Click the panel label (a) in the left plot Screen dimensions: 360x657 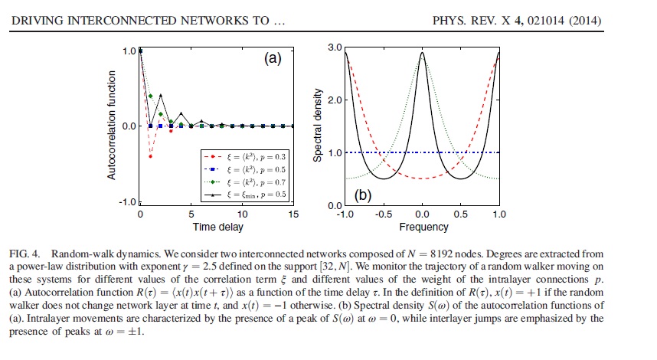tap(274, 58)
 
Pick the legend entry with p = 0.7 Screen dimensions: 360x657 tap(247, 183)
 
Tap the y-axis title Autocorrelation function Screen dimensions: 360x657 tap(112, 126)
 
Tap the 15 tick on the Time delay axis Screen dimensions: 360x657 tap(293, 214)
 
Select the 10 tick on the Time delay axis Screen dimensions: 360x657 tap(242, 214)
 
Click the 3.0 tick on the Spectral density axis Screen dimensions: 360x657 tap(334, 47)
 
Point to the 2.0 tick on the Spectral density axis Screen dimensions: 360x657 tap(334, 100)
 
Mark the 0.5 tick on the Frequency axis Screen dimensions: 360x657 tap(461, 214)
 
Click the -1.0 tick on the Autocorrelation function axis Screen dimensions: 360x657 tap(127, 202)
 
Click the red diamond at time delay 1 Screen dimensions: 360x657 tap(151, 156)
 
